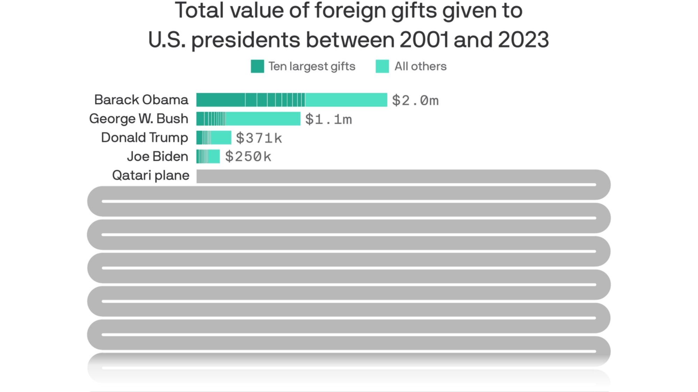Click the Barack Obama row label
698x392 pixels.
(x=141, y=100)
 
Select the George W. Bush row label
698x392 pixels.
(x=139, y=119)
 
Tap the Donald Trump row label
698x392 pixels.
(x=144, y=138)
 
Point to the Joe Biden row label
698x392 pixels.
(x=157, y=157)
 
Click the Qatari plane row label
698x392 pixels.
(x=150, y=175)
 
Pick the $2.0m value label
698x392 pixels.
(x=415, y=100)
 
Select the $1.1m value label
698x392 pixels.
(x=328, y=119)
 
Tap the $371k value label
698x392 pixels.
(x=259, y=138)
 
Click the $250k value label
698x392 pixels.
(x=248, y=157)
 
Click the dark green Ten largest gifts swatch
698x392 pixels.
(x=257, y=66)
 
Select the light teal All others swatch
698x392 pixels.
(x=382, y=66)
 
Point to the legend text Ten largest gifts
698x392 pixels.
(x=312, y=66)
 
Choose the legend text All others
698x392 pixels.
(x=420, y=66)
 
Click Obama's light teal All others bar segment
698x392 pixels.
(x=346, y=100)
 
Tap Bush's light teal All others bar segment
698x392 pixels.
(x=263, y=119)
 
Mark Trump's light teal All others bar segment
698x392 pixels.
(x=221, y=137)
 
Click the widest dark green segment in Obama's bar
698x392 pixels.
(x=220, y=100)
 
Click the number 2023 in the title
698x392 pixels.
(x=523, y=39)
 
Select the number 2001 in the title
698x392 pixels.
(x=424, y=39)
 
